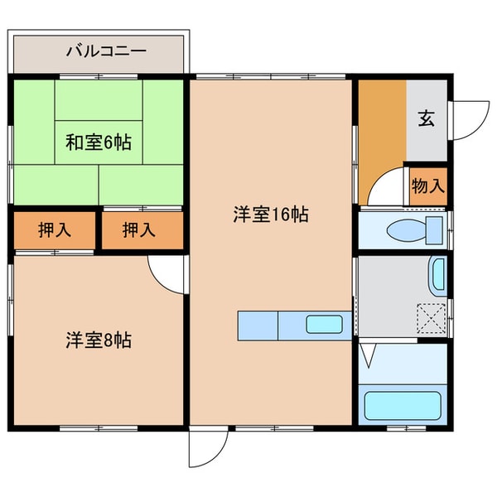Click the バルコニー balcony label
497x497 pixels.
105,51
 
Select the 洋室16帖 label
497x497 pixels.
270,215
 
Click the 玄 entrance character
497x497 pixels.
427,118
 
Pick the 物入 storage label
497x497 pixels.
427,185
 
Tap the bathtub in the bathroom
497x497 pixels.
403,406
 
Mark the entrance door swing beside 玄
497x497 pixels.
467,118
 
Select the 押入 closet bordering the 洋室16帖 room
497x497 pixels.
140,230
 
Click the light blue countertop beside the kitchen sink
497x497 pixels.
257,325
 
